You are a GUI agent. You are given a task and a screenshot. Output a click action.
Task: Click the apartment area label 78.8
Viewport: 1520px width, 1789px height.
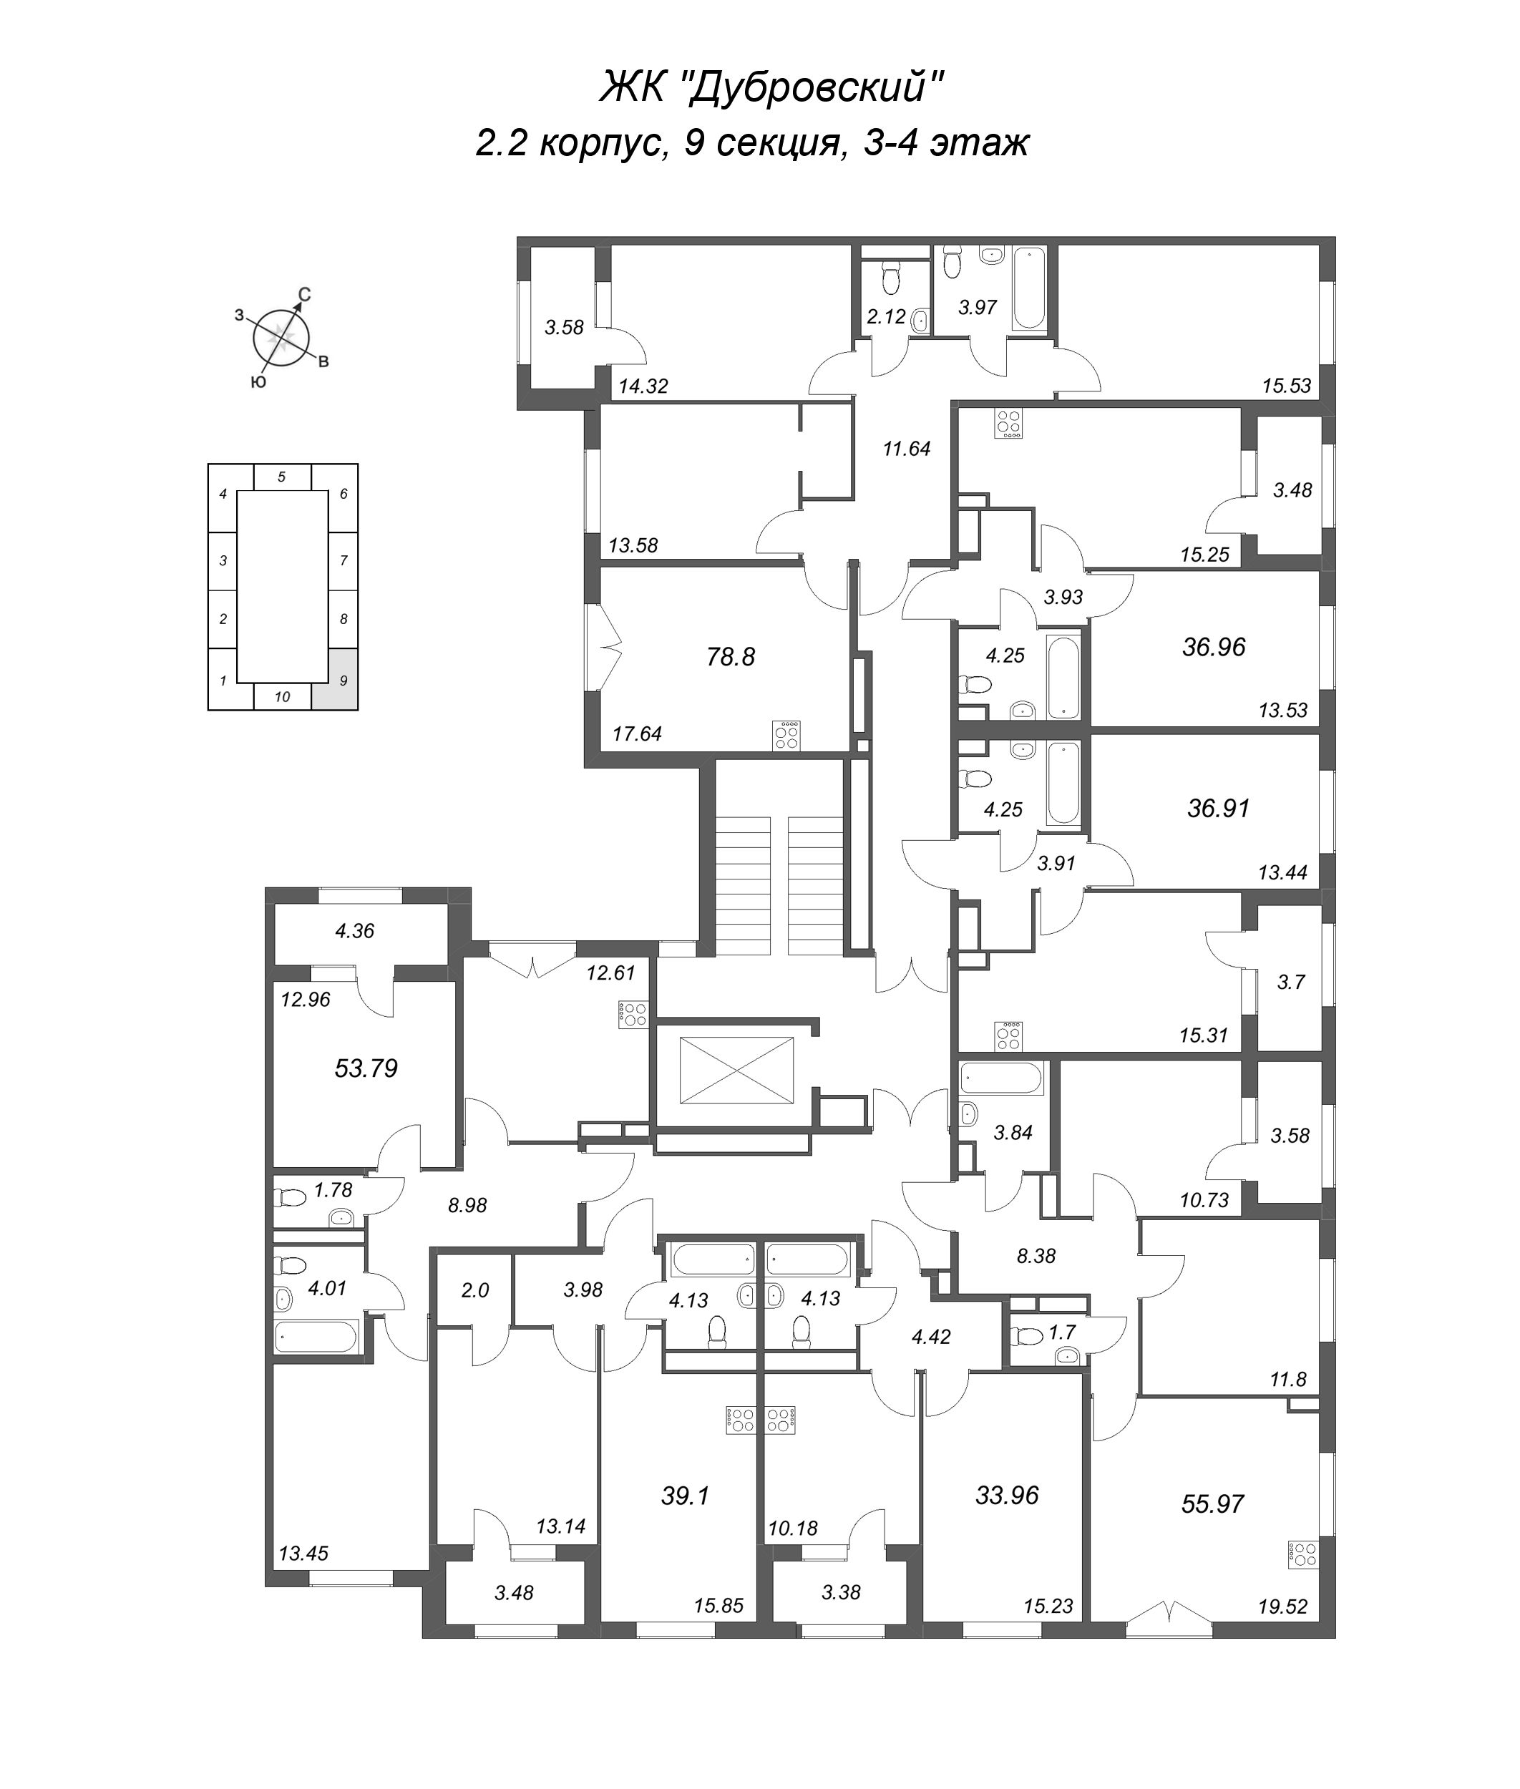pos(730,657)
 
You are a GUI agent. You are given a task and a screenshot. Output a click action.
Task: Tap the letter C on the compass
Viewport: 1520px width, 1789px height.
pos(304,296)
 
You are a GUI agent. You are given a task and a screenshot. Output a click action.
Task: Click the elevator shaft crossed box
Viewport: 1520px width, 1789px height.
pos(736,1069)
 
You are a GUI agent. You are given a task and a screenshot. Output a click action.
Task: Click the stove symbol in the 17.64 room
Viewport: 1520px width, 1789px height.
pos(786,735)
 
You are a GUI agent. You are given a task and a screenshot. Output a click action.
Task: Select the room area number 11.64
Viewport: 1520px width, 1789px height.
pos(907,448)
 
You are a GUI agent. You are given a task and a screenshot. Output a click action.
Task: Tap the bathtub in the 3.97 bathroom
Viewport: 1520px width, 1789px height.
pos(1029,288)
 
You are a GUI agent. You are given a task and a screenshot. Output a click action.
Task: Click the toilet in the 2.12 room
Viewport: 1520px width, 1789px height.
pos(890,278)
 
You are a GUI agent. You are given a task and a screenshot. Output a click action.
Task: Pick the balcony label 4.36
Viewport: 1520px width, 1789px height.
pos(354,931)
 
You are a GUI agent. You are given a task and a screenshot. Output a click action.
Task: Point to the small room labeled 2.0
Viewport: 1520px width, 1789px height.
pos(474,1290)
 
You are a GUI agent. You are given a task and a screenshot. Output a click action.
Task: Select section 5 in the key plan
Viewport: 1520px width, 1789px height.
pos(282,477)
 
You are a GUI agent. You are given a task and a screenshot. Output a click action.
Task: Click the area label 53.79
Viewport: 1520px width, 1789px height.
pos(366,1068)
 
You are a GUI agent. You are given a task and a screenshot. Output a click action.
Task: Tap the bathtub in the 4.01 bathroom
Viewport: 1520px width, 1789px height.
pos(316,1337)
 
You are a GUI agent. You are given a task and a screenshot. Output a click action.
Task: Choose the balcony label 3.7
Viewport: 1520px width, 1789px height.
pos(1291,982)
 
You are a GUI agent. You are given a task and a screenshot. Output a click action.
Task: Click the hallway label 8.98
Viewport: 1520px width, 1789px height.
pos(467,1206)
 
